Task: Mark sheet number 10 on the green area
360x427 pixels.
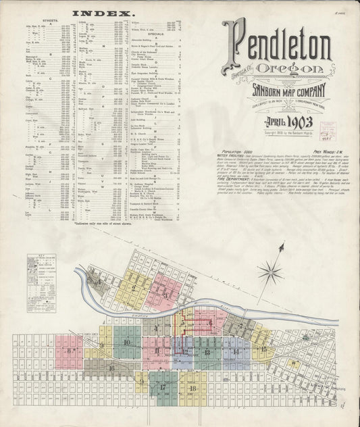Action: point(126,343)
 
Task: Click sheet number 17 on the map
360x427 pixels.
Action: point(162,386)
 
